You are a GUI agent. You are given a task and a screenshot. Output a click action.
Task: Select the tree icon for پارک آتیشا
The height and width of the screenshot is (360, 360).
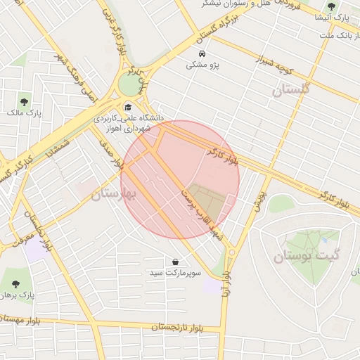[331, 6]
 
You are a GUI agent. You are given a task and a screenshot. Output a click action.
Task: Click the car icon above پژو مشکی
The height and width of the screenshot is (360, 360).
[202, 54]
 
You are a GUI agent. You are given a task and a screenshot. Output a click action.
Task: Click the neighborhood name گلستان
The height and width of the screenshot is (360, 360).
[290, 90]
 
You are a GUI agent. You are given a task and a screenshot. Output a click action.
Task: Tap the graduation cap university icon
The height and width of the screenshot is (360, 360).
[127, 108]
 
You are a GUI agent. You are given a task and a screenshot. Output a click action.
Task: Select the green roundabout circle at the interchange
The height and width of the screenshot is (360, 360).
[129, 84]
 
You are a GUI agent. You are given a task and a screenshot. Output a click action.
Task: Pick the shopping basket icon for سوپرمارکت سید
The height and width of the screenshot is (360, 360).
[174, 262]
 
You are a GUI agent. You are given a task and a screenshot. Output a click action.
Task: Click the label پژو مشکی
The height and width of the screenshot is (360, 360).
[202, 65]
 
